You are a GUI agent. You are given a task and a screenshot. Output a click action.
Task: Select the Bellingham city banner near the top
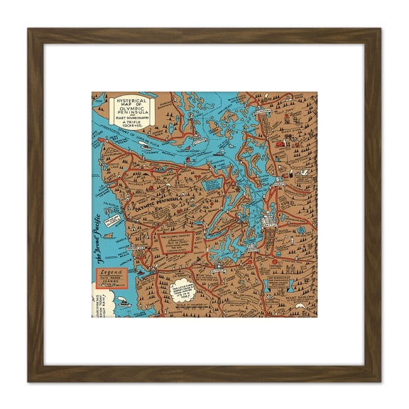pyautogui.click(x=260, y=111)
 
